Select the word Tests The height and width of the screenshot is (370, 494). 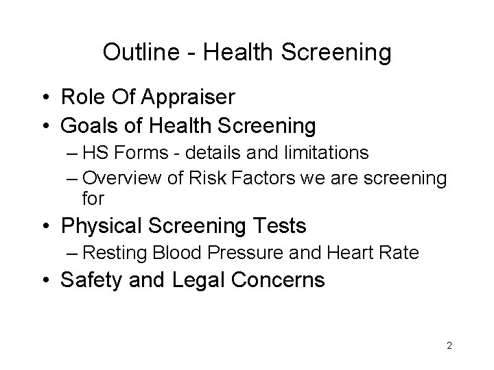pos(281,225)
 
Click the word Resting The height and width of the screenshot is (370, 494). pos(115,253)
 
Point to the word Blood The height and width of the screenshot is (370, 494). pos(180,253)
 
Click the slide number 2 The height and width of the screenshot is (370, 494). pos(449,346)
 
